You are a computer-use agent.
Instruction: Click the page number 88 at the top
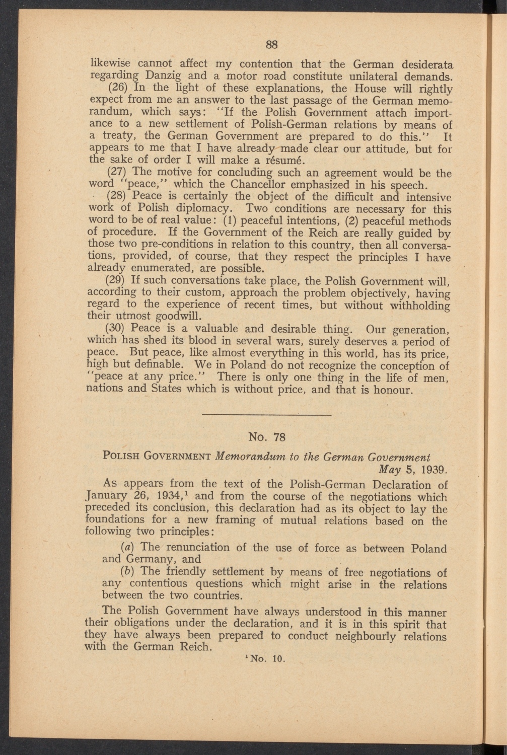272,44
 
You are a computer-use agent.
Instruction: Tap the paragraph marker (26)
117,89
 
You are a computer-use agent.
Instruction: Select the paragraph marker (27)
117,173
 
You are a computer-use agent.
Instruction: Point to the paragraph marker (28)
117,196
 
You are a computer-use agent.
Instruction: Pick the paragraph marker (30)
117,328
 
